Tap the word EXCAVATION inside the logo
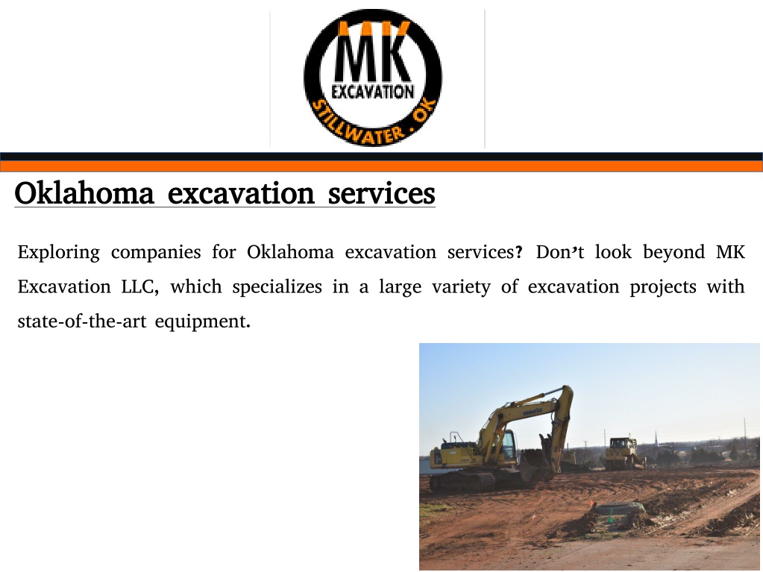point(373,92)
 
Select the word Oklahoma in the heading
point(84,192)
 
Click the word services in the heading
point(382,194)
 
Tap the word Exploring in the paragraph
point(58,253)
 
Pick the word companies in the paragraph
point(156,253)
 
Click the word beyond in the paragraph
point(674,253)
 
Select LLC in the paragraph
point(140,287)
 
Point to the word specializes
point(277,287)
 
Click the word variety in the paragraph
point(461,287)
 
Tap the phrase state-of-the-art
point(82,321)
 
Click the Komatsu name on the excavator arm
point(533,412)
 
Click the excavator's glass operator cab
point(508,445)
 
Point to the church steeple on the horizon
point(656,440)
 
